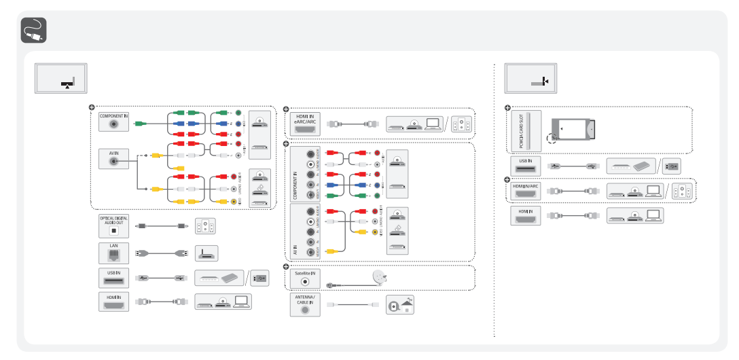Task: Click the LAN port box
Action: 113,252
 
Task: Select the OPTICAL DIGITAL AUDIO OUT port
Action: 113,226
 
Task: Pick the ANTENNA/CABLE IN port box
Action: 305,304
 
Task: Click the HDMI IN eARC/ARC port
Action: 305,124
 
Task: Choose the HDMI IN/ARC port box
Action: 525,190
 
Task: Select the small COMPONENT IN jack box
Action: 113,122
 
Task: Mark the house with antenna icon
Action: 399,305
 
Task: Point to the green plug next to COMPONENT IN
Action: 140,124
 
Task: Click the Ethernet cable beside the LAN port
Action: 162,253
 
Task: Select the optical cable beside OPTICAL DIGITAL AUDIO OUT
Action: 162,226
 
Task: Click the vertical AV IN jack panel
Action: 305,232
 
